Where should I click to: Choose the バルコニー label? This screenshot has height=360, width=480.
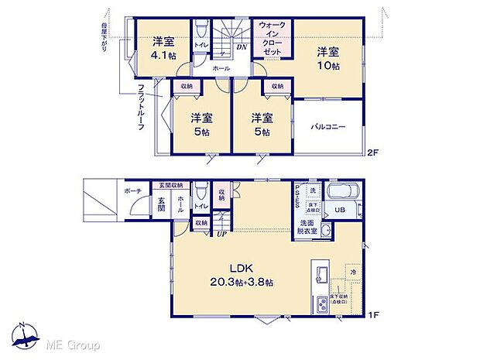coord(328,127)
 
